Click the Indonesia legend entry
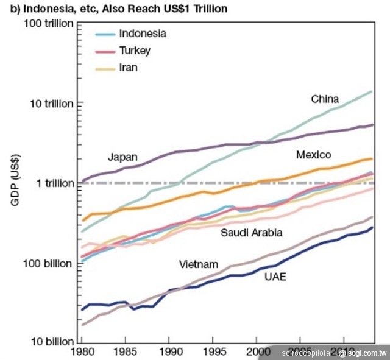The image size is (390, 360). (141, 33)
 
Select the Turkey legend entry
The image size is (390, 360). (134, 50)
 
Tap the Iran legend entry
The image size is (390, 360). (128, 67)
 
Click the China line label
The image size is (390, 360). (325, 99)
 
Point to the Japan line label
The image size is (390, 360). (122, 157)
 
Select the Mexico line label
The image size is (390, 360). (313, 155)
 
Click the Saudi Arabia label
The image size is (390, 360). (251, 232)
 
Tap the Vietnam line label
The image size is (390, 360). (198, 264)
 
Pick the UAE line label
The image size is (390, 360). (275, 277)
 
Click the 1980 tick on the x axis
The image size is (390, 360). (81, 353)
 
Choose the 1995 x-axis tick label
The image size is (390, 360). (212, 353)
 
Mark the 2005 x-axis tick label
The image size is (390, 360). (300, 353)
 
